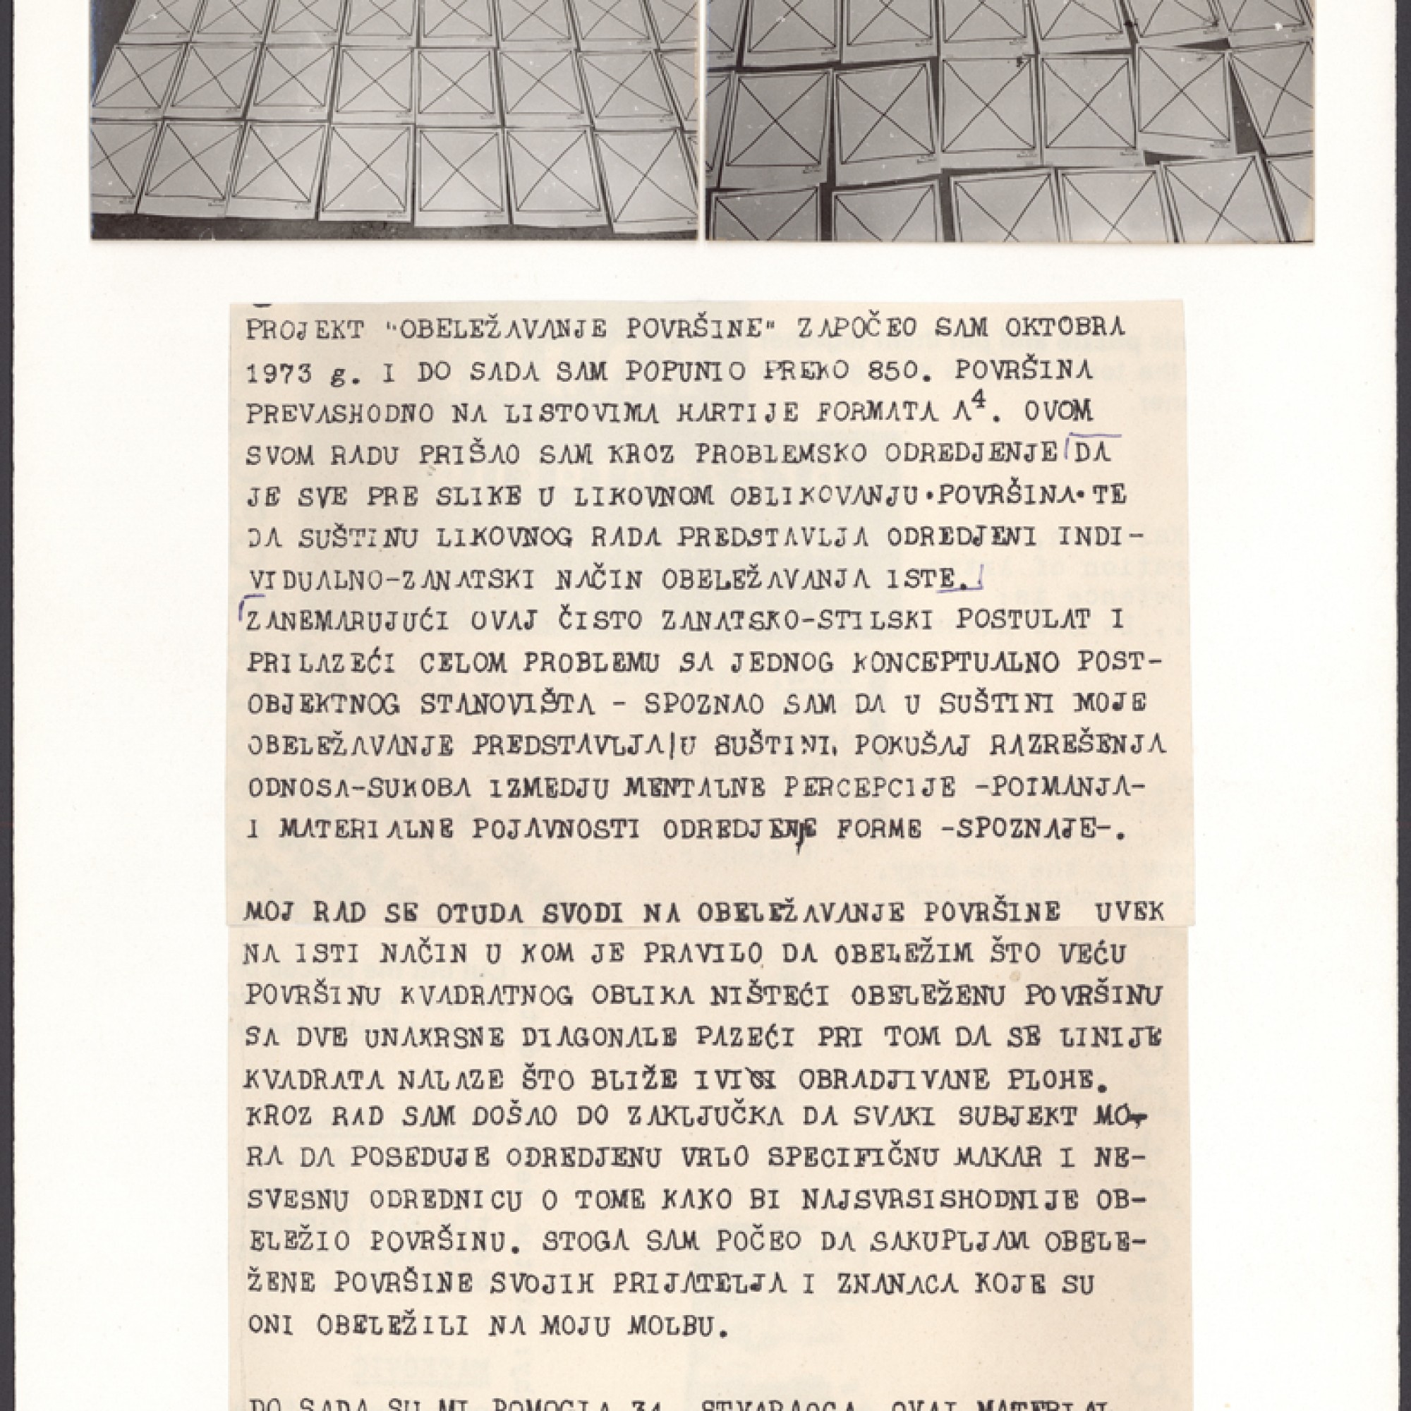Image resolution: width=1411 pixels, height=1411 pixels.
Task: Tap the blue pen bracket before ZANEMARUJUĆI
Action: click(241, 607)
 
